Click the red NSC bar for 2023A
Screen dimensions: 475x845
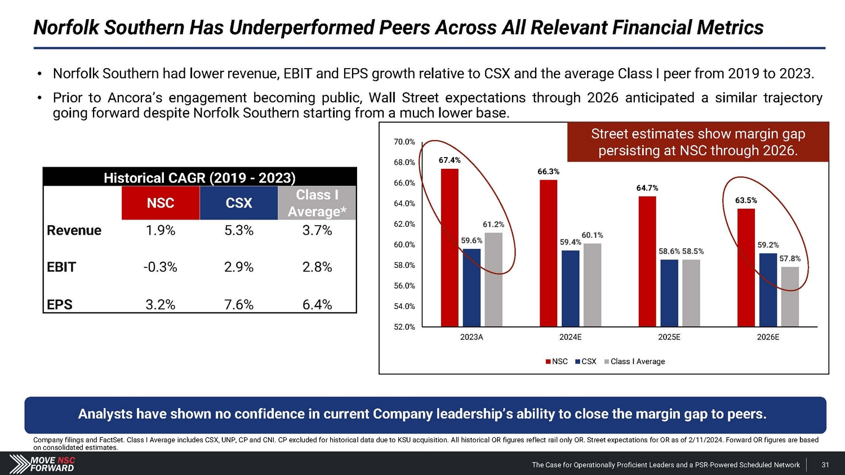pos(450,248)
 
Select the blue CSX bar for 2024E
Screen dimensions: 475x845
pos(570,288)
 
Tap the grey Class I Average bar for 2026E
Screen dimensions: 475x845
pos(790,297)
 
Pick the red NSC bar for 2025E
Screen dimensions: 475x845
pos(647,261)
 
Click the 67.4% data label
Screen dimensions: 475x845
pos(450,160)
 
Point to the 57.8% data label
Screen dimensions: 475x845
pos(790,259)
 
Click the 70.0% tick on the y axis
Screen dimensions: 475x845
pos(404,142)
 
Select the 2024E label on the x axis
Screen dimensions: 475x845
pos(570,337)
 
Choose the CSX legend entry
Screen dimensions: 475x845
pos(586,361)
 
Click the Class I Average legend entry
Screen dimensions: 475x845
pos(635,361)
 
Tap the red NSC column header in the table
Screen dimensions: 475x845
pos(161,203)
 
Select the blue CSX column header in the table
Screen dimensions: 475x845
pos(239,203)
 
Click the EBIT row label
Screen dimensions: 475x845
pos(61,267)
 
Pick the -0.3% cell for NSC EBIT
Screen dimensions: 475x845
pos(161,267)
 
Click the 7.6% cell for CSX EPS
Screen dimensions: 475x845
pos(239,304)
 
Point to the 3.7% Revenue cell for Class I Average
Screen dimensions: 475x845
pos(317,230)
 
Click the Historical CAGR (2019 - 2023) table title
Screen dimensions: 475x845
pos(199,178)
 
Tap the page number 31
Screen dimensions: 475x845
pos(825,465)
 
